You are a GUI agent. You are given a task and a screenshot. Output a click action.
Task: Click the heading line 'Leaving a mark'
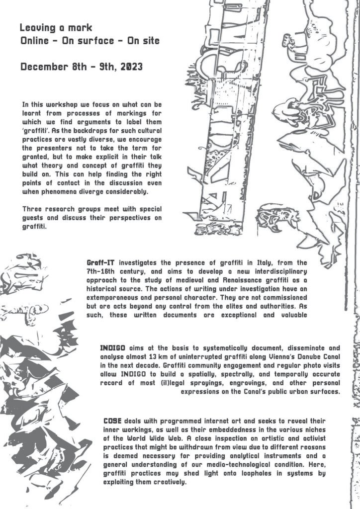pyautogui.click(x=56, y=28)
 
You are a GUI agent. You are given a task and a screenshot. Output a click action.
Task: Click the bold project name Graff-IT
pyautogui.click(x=100, y=262)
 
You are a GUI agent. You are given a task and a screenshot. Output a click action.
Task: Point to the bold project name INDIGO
pyautogui.click(x=113, y=348)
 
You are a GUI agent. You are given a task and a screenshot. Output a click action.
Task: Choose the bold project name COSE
pyautogui.click(x=112, y=421)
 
